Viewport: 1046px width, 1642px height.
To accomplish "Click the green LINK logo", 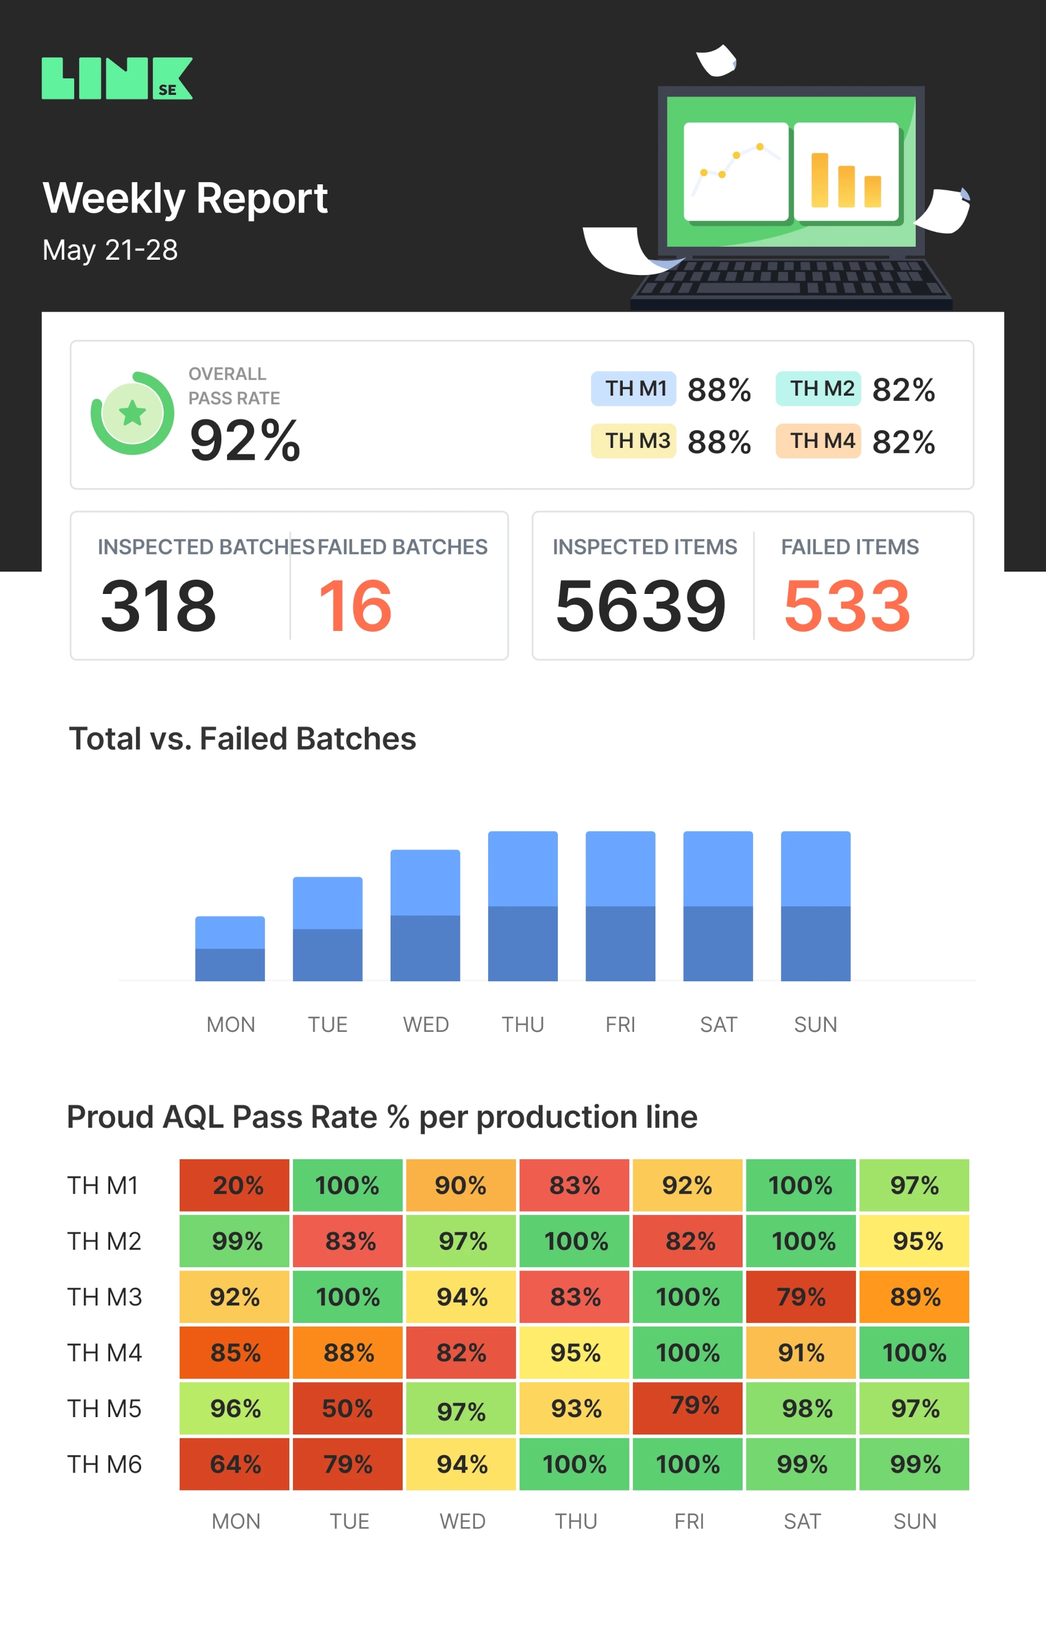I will pyautogui.click(x=117, y=78).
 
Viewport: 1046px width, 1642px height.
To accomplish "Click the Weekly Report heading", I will pyautogui.click(x=185, y=198).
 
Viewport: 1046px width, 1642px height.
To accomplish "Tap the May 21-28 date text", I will pyautogui.click(x=110, y=250).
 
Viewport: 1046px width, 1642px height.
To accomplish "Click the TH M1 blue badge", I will pyautogui.click(x=634, y=388).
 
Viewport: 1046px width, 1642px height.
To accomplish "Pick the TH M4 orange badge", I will pyautogui.click(x=818, y=441).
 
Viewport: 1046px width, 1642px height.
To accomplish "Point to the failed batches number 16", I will pyautogui.click(x=355, y=605).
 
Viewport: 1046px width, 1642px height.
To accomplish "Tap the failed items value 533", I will pyautogui.click(x=846, y=605).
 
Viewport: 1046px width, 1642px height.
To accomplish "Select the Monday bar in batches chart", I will pyautogui.click(x=230, y=948).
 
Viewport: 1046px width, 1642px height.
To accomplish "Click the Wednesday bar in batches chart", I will pyautogui.click(x=425, y=915).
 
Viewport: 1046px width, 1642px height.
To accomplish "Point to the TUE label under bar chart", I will pyautogui.click(x=327, y=1024).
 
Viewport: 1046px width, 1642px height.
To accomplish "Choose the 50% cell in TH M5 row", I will pyautogui.click(x=347, y=1408).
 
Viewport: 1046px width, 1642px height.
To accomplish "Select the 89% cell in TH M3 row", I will pyautogui.click(x=914, y=1296).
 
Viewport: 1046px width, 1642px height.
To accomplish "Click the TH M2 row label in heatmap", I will pyautogui.click(x=104, y=1241).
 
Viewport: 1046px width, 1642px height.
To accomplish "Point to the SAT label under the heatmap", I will pyautogui.click(x=802, y=1521).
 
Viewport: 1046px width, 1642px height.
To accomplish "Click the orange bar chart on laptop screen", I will pyautogui.click(x=846, y=174).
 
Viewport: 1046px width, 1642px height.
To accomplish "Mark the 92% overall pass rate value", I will pyautogui.click(x=245, y=441).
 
